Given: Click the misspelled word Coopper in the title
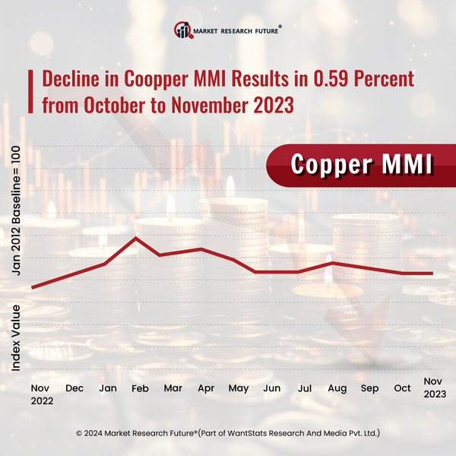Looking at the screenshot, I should [144, 79].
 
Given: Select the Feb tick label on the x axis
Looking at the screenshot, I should [141, 388].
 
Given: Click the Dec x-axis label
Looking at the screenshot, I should [74, 388].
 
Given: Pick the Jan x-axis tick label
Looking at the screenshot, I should [107, 388].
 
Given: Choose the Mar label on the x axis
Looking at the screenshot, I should [173, 388].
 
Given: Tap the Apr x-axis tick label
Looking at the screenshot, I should [206, 388].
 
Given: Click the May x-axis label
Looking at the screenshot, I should [239, 388].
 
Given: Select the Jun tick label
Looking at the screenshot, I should [271, 388].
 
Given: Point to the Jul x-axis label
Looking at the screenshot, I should [304, 388].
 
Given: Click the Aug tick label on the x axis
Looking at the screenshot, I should [337, 388].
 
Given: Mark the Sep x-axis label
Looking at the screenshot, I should [369, 388].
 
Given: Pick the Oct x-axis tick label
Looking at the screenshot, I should [402, 388].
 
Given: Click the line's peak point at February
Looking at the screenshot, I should [136, 238].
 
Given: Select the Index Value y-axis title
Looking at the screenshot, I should [16, 337].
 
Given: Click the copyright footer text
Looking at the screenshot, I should [228, 433].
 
